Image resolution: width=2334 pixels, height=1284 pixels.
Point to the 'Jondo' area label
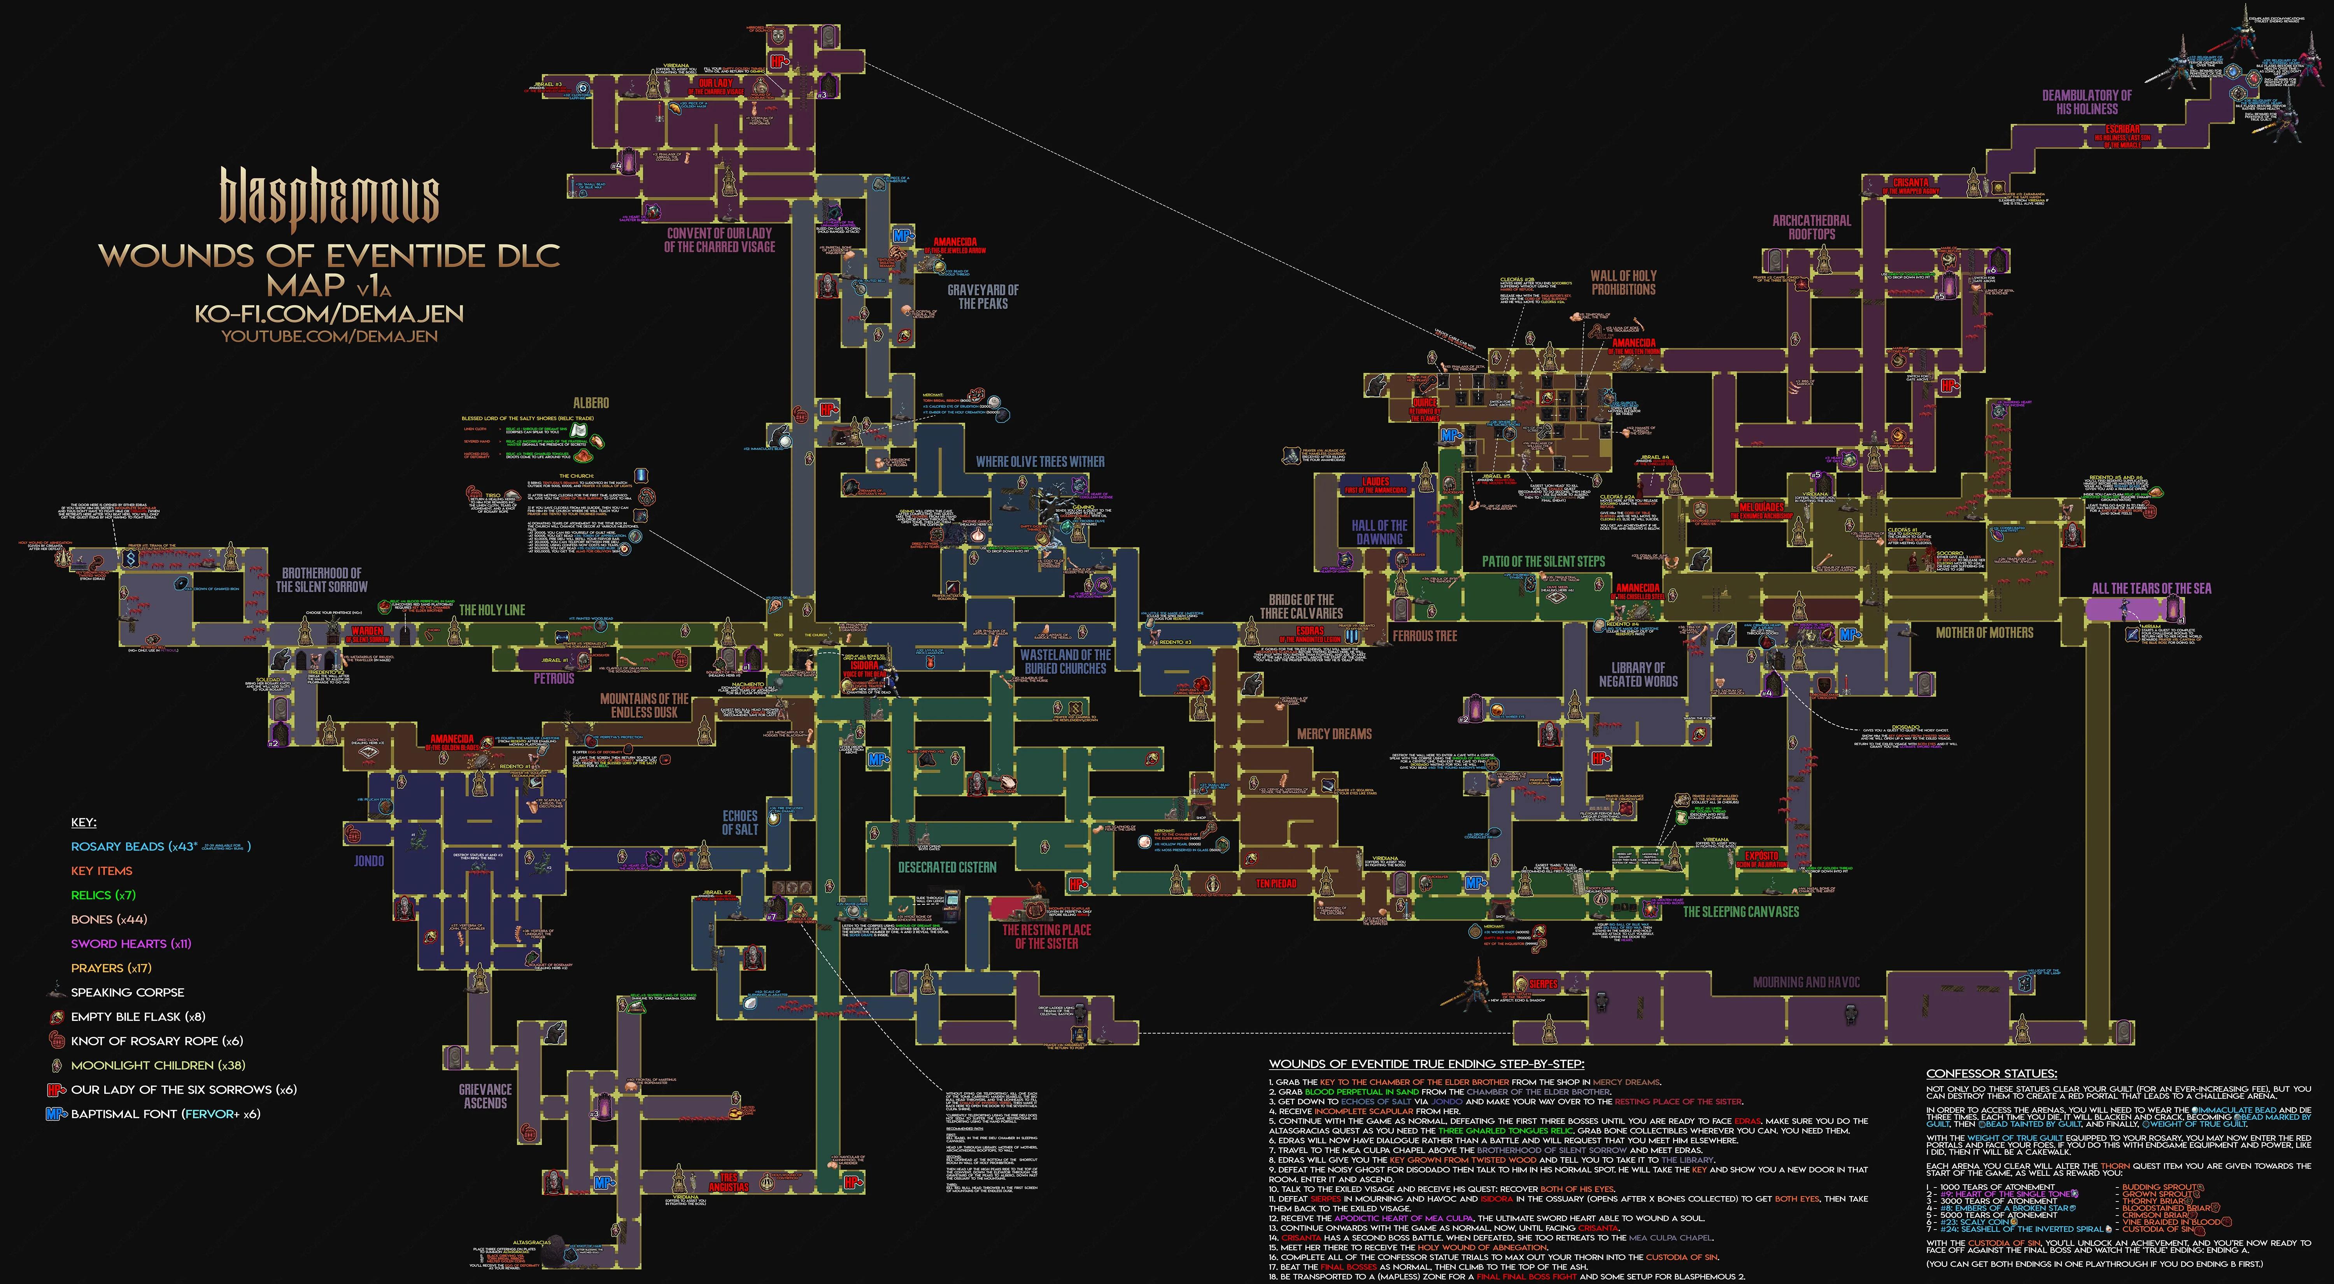[x=369, y=861]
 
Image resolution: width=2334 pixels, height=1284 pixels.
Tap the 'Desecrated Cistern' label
[x=947, y=867]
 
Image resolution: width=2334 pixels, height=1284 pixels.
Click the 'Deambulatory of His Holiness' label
[x=2087, y=102]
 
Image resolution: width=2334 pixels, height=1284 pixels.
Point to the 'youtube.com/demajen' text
[x=330, y=336]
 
